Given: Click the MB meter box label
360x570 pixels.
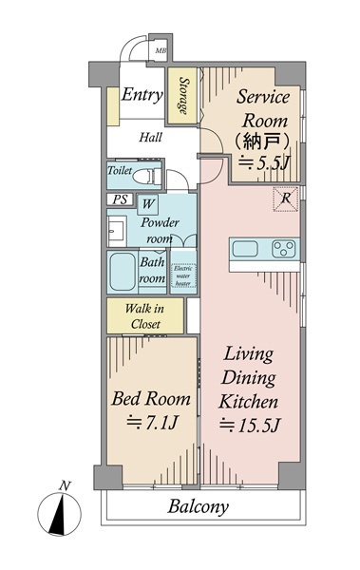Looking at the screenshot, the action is point(161,51).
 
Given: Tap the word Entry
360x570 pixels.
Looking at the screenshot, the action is point(142,95).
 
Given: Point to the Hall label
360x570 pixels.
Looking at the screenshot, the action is point(150,138).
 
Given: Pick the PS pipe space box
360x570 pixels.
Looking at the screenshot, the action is point(120,199).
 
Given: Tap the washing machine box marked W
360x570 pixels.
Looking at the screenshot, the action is point(147,204).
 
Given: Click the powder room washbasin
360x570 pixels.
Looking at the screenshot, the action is point(117,232).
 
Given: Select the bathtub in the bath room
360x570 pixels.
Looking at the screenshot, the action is point(123,272).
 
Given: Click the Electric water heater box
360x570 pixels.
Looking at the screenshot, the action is point(183,275).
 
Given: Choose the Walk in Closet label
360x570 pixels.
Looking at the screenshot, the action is point(145,316).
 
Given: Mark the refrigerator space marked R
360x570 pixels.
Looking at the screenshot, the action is point(286,199).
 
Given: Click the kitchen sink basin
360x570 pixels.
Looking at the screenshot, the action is point(245,249).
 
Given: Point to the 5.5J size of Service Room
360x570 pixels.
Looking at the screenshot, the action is point(264,163).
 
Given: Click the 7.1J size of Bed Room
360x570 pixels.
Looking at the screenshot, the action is point(152,422).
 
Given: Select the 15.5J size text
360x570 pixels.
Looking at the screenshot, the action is point(250,425).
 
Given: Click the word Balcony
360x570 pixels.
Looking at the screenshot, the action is point(199,506).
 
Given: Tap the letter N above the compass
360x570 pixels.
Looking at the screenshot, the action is point(65,485).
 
